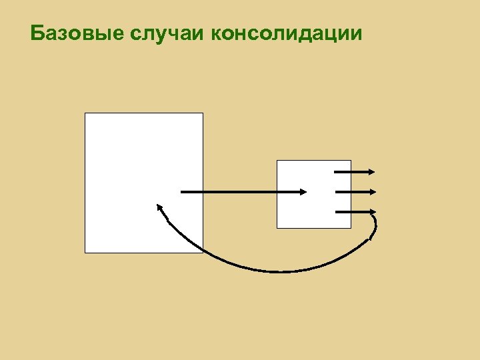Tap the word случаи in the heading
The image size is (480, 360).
tap(167, 33)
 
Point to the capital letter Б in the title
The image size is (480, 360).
tap(37, 33)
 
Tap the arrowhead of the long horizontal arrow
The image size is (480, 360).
tap(303, 192)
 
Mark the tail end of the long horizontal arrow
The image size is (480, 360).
tap(183, 192)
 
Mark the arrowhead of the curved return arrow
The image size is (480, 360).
tap(159, 207)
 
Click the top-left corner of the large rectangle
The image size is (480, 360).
tap(85, 113)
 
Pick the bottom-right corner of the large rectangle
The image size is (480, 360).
tap(202, 253)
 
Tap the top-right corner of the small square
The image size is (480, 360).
tap(351, 161)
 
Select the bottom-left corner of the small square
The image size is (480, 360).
tap(277, 228)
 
